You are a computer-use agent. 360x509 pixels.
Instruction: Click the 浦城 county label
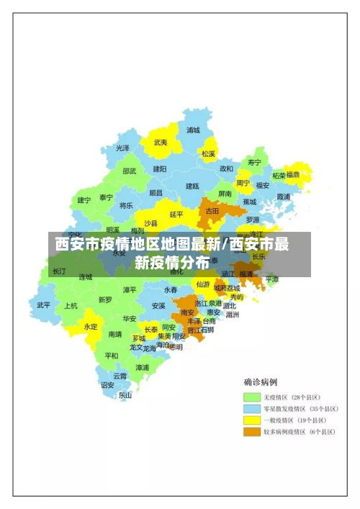(x=193, y=130)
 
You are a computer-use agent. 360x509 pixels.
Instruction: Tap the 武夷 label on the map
(x=160, y=143)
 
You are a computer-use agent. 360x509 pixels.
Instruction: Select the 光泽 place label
(x=123, y=148)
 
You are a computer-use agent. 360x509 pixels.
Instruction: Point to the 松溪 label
(x=209, y=153)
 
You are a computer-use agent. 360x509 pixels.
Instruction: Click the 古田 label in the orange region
(x=212, y=211)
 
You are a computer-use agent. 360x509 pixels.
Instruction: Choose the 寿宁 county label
(x=254, y=162)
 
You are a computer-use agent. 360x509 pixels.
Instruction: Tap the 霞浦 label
(x=283, y=196)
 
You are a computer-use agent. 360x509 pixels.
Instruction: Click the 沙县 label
(x=150, y=222)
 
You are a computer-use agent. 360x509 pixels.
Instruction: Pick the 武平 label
(x=44, y=305)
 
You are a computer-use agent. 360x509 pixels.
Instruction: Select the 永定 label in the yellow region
(x=91, y=325)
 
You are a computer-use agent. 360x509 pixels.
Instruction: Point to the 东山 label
(x=125, y=395)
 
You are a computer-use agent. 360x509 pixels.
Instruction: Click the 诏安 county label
(x=107, y=384)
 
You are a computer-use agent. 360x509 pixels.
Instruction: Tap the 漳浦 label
(x=143, y=367)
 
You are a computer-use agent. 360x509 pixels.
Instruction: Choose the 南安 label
(x=188, y=312)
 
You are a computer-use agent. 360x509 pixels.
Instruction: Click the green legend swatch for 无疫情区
(x=251, y=397)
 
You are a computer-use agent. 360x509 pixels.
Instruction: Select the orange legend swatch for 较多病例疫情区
(x=251, y=432)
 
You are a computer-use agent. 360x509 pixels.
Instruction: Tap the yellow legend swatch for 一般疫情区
(x=251, y=420)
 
